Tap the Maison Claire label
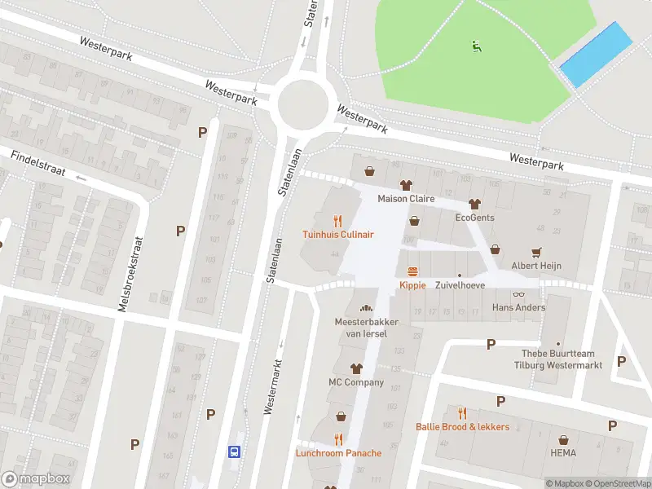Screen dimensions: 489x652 (x=406, y=199)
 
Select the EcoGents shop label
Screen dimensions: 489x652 (x=474, y=218)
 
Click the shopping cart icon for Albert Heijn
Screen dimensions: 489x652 (x=536, y=252)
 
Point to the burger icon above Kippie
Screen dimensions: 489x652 (x=412, y=271)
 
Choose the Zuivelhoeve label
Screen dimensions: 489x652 (x=460, y=286)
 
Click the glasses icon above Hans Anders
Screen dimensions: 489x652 (x=518, y=294)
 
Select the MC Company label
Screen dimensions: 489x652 (x=356, y=382)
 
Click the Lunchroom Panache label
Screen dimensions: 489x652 (x=338, y=453)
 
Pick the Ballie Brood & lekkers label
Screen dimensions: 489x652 (x=462, y=427)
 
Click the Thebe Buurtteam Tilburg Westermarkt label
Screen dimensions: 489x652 (x=562, y=359)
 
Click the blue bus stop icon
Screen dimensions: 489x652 (x=234, y=452)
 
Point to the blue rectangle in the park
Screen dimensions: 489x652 (x=597, y=55)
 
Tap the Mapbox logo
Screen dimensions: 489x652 (x=36, y=479)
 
